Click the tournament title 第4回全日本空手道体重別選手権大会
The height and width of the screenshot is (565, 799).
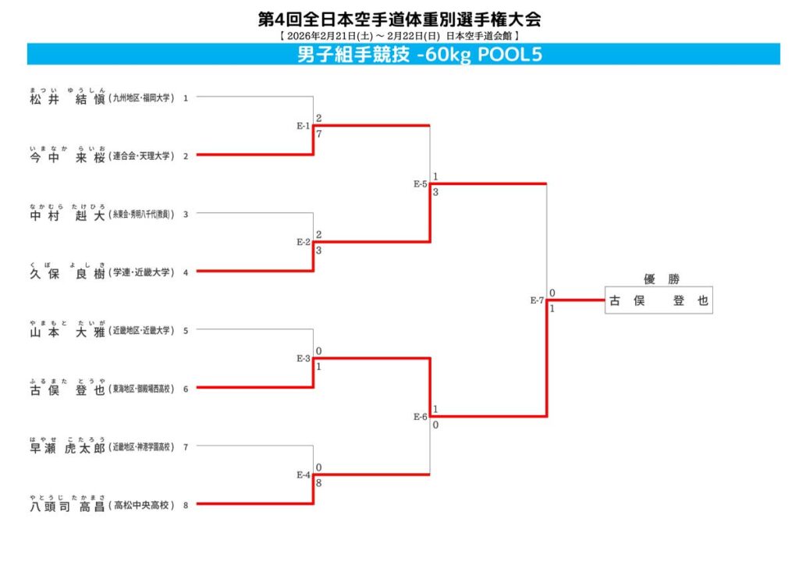tap(399, 18)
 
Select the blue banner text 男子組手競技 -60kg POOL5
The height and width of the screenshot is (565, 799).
tap(420, 55)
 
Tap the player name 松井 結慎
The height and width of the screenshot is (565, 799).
tap(67, 98)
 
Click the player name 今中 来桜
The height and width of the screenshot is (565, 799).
tap(67, 156)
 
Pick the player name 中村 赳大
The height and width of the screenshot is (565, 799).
tap(67, 214)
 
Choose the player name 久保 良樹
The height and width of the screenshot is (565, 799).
tap(67, 272)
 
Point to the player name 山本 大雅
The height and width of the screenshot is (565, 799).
tap(67, 330)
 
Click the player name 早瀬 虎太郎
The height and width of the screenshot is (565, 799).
tap(67, 447)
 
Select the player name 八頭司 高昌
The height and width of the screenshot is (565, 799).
tap(67, 504)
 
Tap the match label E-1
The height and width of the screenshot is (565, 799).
tap(304, 126)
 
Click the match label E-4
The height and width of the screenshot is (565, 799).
tap(304, 474)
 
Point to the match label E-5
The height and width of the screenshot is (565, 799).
tap(421, 184)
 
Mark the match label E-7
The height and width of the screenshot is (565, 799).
tap(537, 300)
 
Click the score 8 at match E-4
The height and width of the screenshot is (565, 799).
tap(318, 483)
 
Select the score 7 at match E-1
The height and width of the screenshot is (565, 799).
tap(318, 134)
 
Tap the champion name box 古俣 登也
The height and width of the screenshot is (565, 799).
tap(659, 301)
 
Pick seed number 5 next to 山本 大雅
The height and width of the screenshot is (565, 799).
tap(186, 330)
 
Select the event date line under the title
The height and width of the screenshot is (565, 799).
tap(399, 35)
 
